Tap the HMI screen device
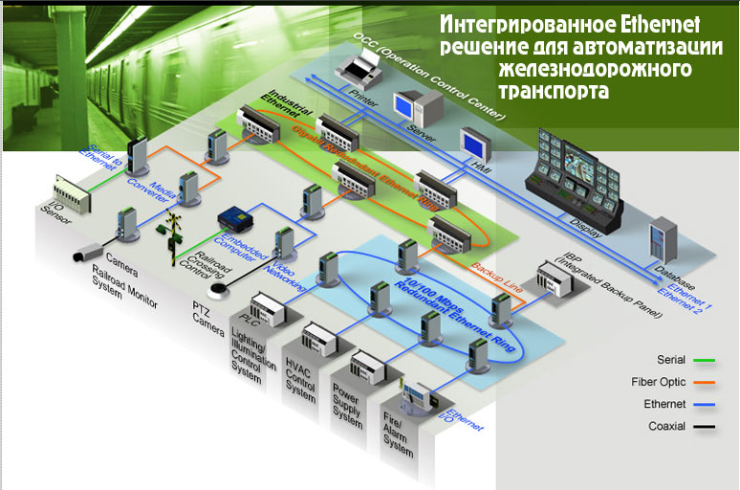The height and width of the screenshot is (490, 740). [x=474, y=145]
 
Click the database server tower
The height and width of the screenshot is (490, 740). [x=663, y=243]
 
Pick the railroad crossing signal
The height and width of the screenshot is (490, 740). [x=174, y=234]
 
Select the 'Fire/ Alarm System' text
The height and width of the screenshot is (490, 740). [x=397, y=440]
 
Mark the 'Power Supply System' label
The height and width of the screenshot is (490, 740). [x=346, y=408]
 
